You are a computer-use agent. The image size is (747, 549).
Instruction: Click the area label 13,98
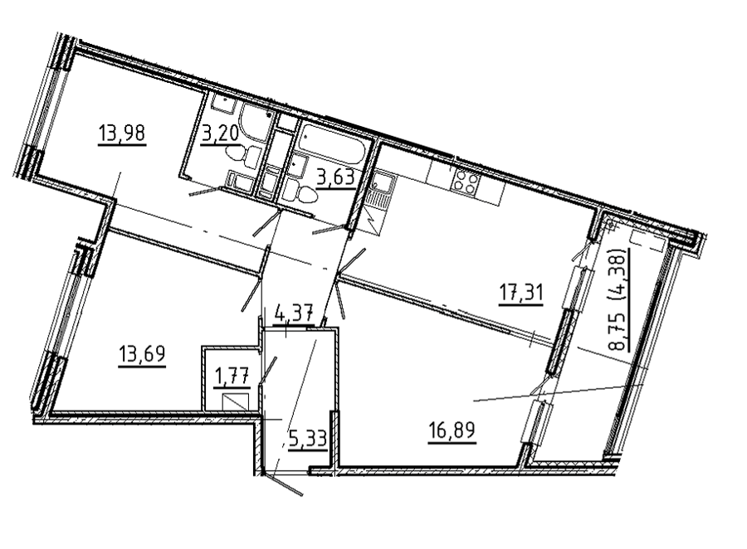pos(121,133)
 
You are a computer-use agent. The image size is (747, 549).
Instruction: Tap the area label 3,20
pos(220,134)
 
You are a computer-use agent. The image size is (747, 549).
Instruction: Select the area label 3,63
pos(336,177)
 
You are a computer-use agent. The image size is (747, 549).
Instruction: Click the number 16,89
pos(452,431)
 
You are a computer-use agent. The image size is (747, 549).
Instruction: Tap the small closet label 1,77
pos(232,377)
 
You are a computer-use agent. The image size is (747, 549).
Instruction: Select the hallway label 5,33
pos(308,438)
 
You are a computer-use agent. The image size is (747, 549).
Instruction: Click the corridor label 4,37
pos(294,314)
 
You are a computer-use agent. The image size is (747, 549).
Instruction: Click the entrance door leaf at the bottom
pos(284,484)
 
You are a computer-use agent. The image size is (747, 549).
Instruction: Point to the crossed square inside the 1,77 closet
pos(236,403)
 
